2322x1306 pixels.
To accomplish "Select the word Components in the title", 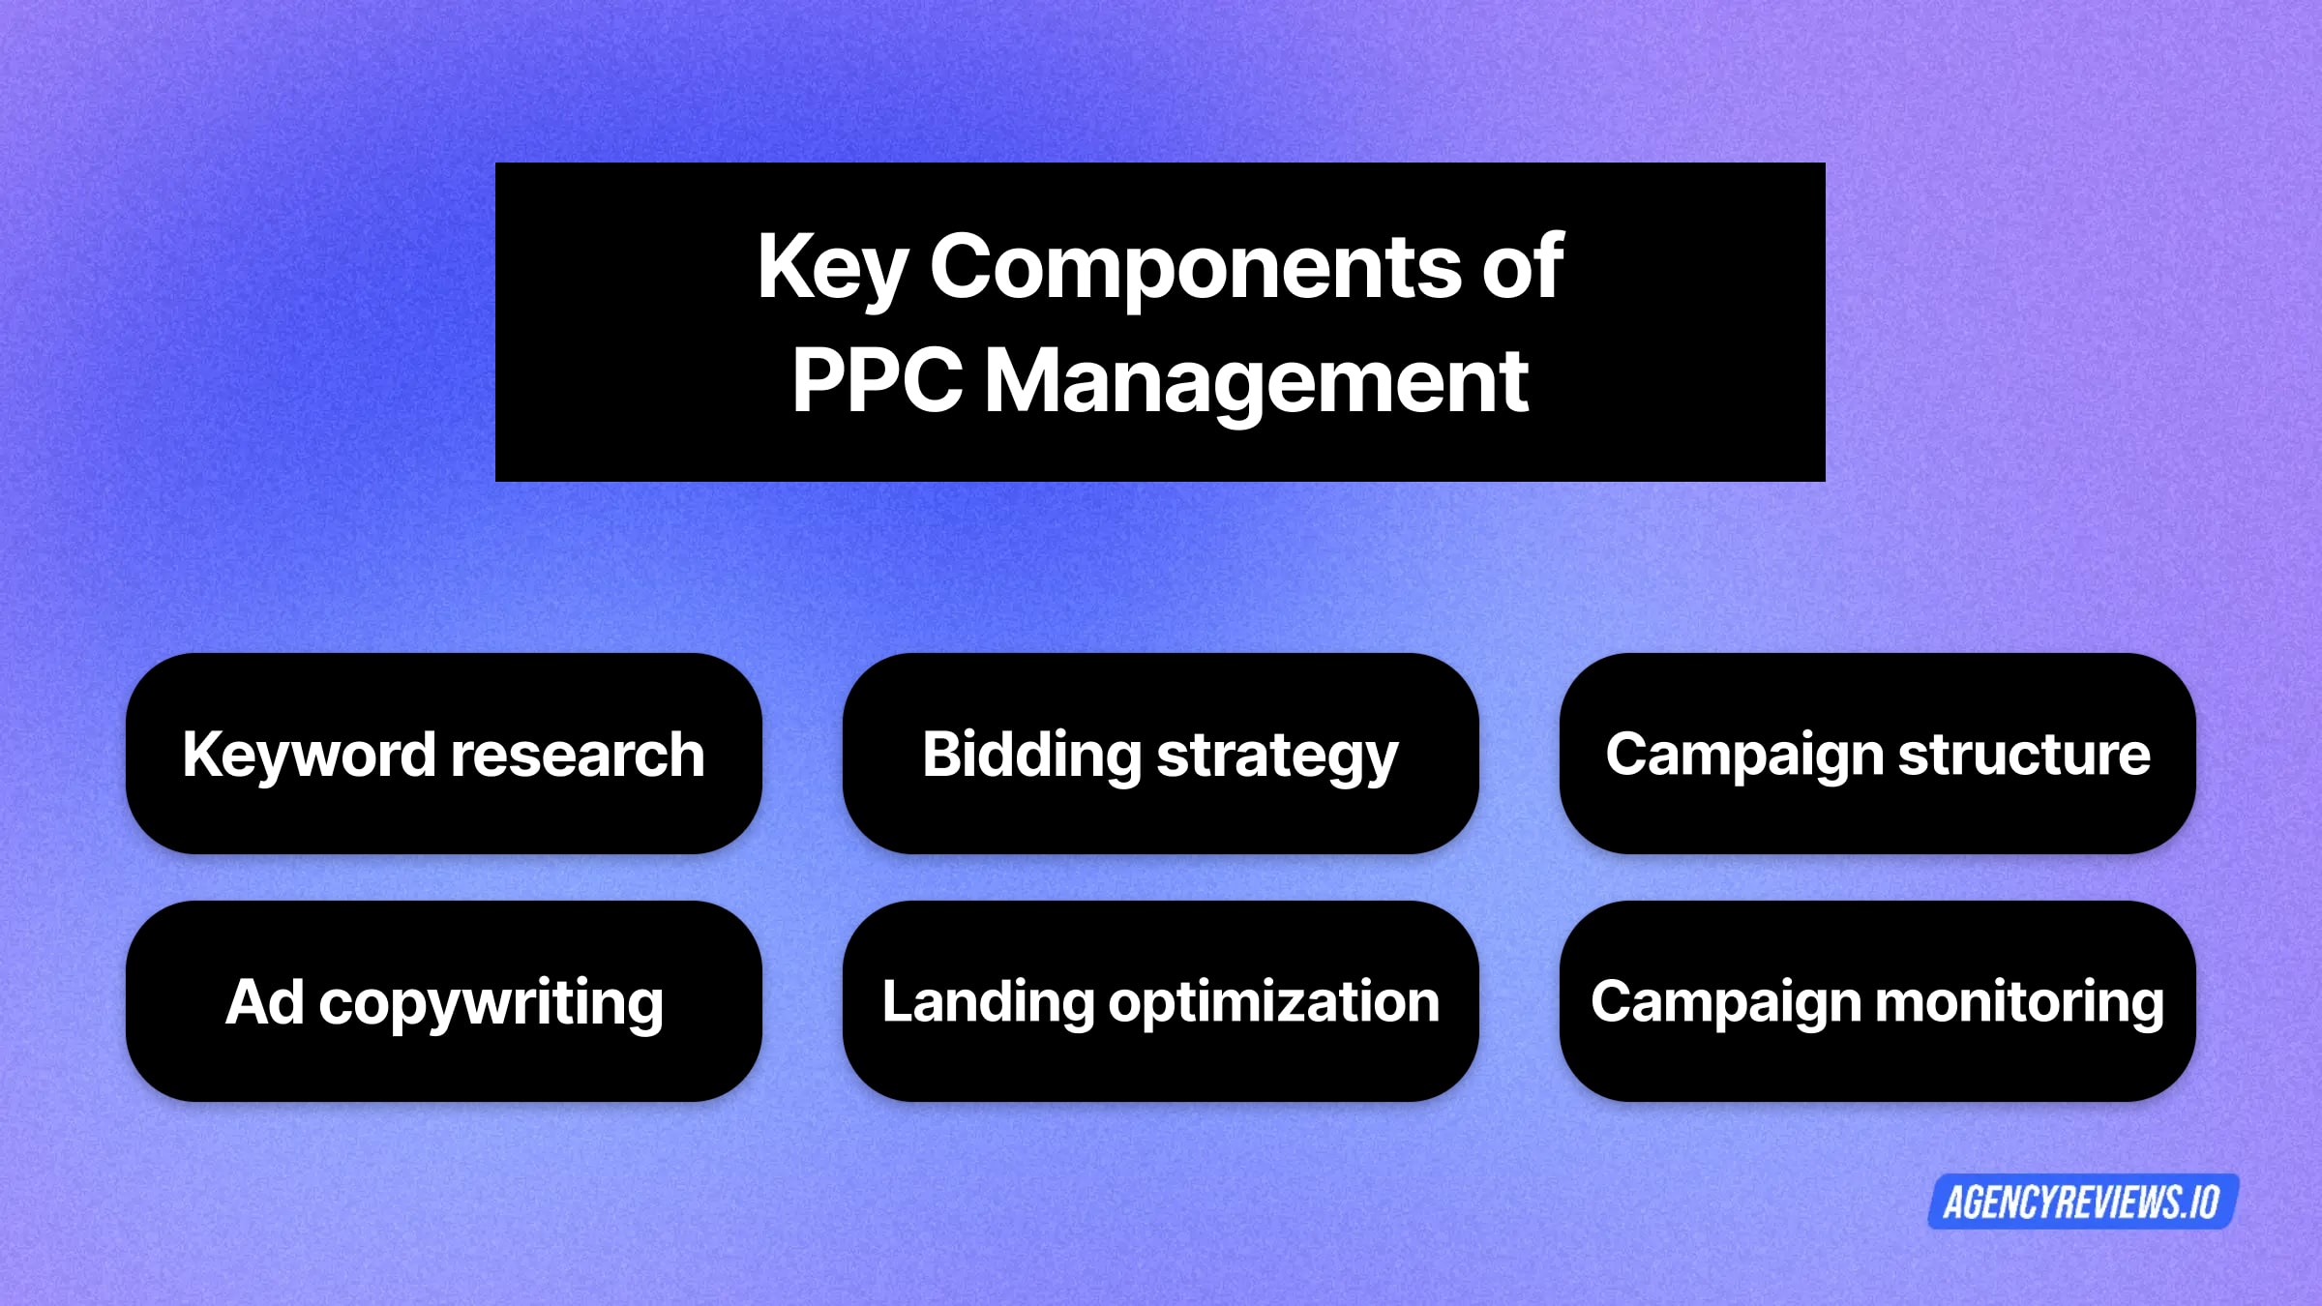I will [1196, 268].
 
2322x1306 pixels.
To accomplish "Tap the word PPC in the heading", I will [877, 380].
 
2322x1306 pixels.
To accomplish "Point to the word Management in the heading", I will [1256, 382].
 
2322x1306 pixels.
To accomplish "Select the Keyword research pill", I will [444, 754].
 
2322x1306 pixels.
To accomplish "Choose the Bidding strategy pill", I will [1160, 754].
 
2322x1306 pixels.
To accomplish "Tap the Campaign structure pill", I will [1877, 754].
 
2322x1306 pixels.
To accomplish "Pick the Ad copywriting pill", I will [444, 1001].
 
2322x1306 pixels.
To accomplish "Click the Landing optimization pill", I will [1160, 1001].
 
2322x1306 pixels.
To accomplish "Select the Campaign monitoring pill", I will [1877, 1001].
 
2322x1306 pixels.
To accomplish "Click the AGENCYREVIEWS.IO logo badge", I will [2082, 1202].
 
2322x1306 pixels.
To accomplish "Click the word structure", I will [2024, 755].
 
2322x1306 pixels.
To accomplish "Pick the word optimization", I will [1274, 1002].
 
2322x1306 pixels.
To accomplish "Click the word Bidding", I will [1031, 755].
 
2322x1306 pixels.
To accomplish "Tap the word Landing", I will [987, 1002].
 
